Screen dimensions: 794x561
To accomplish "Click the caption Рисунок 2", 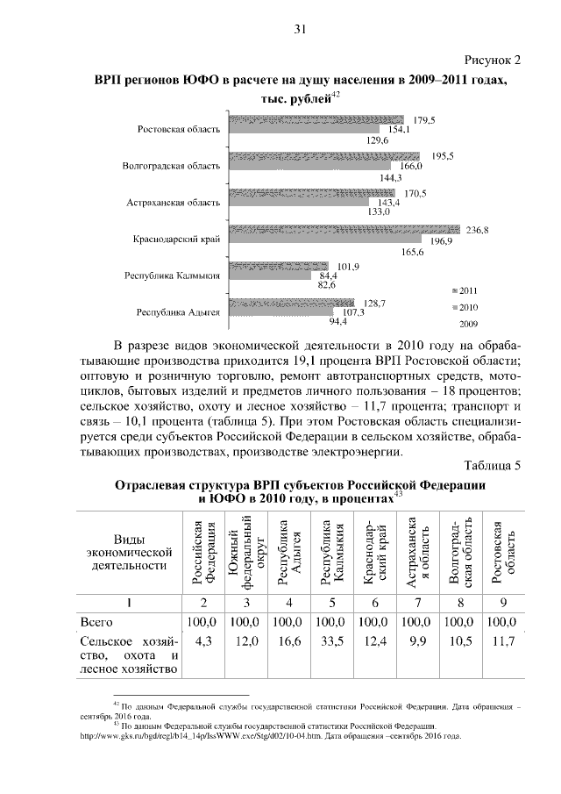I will pos(490,60).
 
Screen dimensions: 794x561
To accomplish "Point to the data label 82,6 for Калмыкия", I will pos(327,284).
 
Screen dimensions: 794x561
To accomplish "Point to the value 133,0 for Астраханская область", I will pos(379,211).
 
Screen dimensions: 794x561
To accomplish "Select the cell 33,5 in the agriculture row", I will pos(331,642).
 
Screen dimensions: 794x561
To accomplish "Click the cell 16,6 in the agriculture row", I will pos(289,642).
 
